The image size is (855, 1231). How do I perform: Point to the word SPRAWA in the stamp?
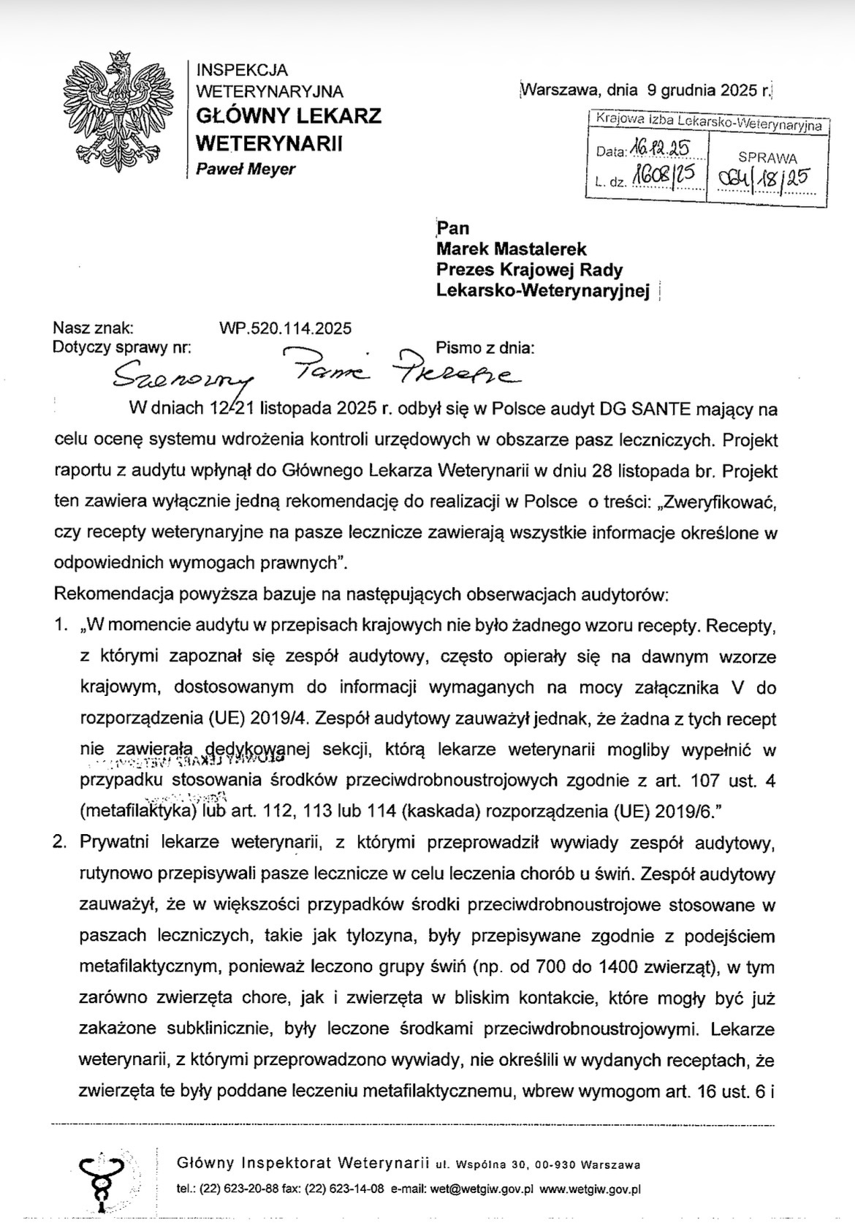pyautogui.click(x=767, y=158)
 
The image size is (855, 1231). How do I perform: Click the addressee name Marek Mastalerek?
pyautogui.click(x=512, y=249)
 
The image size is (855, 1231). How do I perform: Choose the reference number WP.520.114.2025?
pyautogui.click(x=285, y=328)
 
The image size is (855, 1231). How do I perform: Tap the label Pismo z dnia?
pyautogui.click(x=485, y=348)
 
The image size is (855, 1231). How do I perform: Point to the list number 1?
pyautogui.click(x=62, y=626)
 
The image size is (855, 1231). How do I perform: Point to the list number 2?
pyautogui.click(x=62, y=842)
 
